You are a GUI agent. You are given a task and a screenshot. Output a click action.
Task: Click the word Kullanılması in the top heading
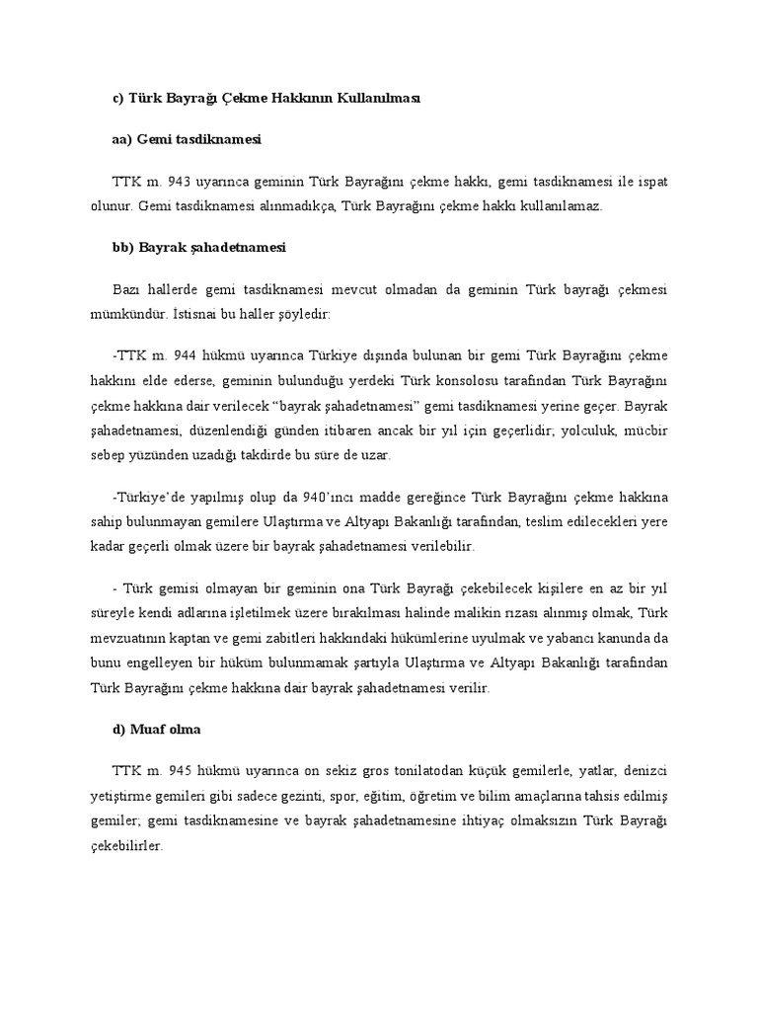(371, 99)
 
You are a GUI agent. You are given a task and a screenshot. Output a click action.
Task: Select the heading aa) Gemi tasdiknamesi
(187, 141)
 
